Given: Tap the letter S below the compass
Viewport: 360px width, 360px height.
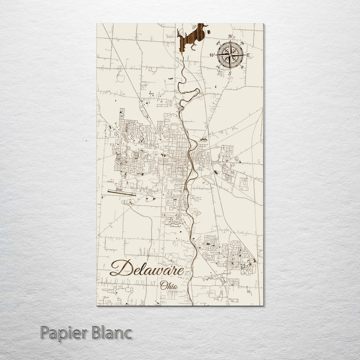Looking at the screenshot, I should (230, 74).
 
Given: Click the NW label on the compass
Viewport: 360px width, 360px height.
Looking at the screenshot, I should (218, 43).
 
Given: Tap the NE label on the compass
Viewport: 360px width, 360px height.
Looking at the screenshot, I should (242, 43).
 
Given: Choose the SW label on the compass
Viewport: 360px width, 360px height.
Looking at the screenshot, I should (218, 67).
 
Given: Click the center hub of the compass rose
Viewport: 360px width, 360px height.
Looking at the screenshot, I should (230, 55).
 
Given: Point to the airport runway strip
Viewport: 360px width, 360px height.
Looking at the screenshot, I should (121, 193).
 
